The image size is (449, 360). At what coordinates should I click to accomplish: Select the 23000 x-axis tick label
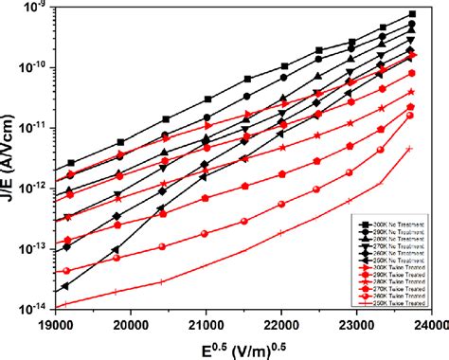(356, 322)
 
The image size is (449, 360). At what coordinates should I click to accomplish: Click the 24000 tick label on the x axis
(427, 322)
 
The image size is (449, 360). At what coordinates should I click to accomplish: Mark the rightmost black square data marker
(413, 14)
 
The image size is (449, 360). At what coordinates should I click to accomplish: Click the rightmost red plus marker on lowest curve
(409, 148)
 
